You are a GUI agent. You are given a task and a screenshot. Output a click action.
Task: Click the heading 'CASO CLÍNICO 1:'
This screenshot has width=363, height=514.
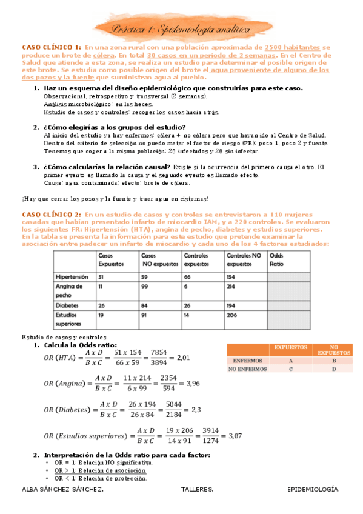tap(51, 47)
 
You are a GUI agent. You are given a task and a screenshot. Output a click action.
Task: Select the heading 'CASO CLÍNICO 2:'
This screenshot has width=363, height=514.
tap(51, 214)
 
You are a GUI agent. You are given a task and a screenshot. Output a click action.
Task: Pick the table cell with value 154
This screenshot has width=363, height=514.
tap(233, 276)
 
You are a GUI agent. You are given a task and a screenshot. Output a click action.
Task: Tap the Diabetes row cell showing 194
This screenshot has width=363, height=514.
tap(233, 305)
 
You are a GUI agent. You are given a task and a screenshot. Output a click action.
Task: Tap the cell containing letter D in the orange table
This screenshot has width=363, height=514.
tap(334, 369)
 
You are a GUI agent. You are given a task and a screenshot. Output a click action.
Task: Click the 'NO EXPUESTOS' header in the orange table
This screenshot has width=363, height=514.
tap(334, 350)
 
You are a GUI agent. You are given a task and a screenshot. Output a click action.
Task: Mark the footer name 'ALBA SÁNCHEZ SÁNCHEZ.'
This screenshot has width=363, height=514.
tap(62, 489)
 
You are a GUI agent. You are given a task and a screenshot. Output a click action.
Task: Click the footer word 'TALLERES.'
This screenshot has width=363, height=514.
tap(197, 489)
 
